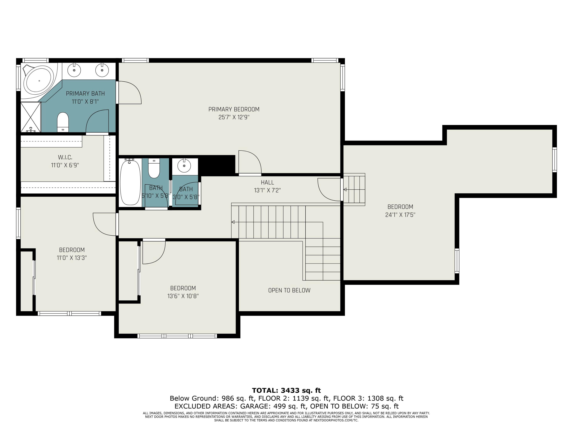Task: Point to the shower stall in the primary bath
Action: [31, 117]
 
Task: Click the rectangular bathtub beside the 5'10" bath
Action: [130, 183]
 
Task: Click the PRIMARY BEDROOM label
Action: [234, 109]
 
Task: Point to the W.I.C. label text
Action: [65, 157]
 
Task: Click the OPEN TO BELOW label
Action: [289, 290]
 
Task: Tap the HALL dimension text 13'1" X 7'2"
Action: [267, 190]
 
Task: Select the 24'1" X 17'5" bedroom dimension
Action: [400, 215]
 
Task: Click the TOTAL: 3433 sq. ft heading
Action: [286, 390]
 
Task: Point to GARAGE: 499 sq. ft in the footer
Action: [273, 406]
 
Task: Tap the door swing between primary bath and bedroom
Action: [129, 92]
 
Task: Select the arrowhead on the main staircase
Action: [233, 222]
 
